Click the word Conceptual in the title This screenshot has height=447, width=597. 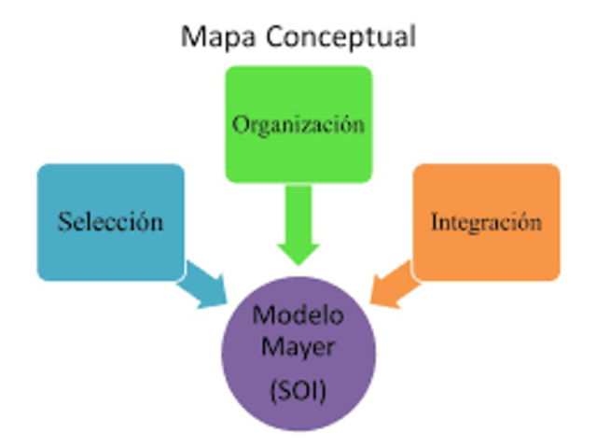pyautogui.click(x=341, y=36)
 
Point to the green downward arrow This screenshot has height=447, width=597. pyautogui.click(x=298, y=229)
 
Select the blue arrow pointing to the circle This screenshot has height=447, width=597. pyautogui.click(x=205, y=285)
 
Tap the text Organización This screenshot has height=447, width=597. pyautogui.click(x=298, y=124)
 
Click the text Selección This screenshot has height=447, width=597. pyautogui.click(x=110, y=222)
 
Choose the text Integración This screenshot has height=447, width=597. pyautogui.click(x=486, y=222)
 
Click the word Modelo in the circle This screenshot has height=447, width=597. pyautogui.click(x=298, y=315)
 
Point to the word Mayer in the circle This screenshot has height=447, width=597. pyautogui.click(x=298, y=349)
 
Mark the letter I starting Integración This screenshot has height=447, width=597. pyautogui.click(x=435, y=222)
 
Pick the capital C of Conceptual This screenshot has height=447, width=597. pyautogui.click(x=277, y=36)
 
